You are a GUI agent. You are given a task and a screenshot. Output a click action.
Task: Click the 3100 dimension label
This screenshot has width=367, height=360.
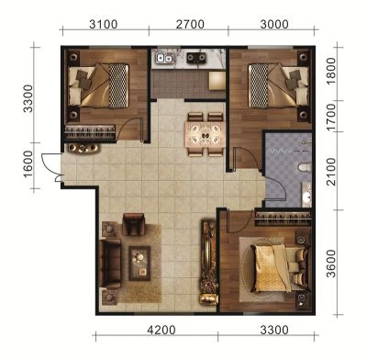(x=104, y=25)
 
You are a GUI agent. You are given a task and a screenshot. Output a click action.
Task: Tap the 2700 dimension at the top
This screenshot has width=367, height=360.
(x=190, y=25)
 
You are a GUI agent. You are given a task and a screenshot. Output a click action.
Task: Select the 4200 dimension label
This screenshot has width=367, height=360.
(x=161, y=331)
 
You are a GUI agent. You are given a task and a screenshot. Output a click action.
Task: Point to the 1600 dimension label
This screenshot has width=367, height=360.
(x=28, y=164)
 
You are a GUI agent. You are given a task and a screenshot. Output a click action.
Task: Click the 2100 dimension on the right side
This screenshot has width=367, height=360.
(x=331, y=172)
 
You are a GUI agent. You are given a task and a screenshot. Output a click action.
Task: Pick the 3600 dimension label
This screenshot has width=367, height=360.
(x=331, y=264)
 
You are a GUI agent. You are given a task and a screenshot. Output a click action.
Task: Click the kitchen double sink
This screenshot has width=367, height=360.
(x=164, y=58)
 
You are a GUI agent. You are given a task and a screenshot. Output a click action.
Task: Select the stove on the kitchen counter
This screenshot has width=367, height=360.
(x=197, y=58)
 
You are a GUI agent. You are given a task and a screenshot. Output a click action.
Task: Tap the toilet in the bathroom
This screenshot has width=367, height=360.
(x=305, y=167)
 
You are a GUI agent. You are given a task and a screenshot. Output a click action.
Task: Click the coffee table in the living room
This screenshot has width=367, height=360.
(x=139, y=264)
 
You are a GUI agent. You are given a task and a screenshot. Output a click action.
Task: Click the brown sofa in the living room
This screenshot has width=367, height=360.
(x=110, y=264)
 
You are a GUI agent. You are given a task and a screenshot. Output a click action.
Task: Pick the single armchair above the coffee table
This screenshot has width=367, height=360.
(x=133, y=224)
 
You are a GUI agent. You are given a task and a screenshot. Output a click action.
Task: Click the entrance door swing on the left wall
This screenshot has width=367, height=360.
(x=49, y=167)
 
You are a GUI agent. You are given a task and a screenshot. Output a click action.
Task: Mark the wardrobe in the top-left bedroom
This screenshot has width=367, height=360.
(x=90, y=132)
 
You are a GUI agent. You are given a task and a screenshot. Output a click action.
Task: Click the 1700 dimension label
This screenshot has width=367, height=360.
(x=331, y=118)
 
